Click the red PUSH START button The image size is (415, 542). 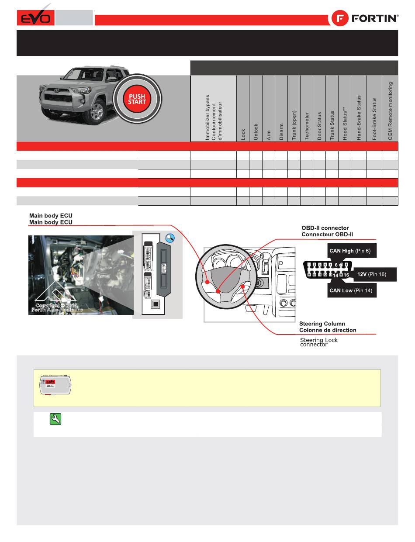coord(137,99)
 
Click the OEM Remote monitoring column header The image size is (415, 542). coord(390,110)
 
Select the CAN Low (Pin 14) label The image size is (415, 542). coord(351,290)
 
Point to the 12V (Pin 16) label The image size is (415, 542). coord(374,274)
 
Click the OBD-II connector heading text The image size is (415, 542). coord(325,231)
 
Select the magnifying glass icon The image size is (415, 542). coord(171,238)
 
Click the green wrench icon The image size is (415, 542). coord(56,419)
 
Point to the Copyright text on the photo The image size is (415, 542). coord(57,307)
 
